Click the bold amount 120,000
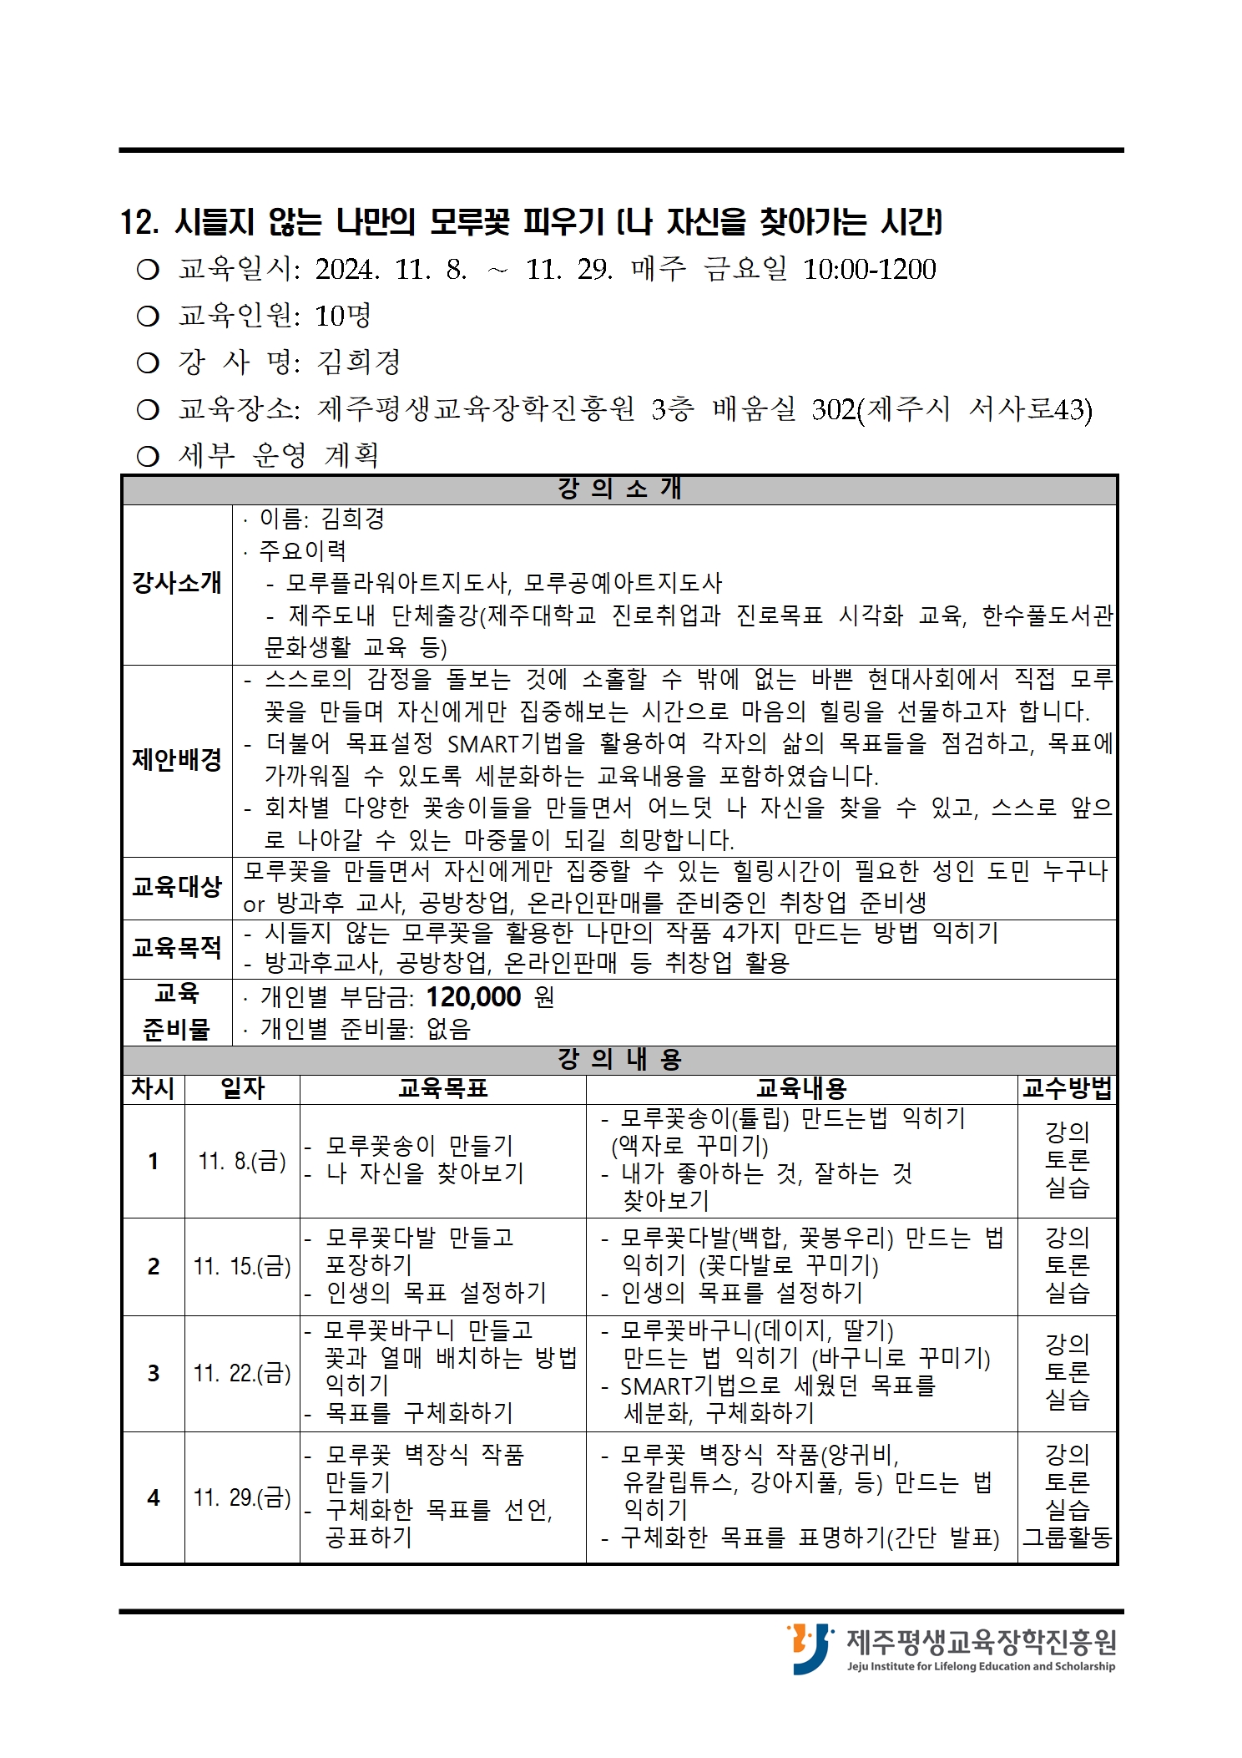[473, 996]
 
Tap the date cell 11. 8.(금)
[242, 1161]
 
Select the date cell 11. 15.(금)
[242, 1266]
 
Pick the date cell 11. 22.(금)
[242, 1373]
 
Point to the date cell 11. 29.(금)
[242, 1497]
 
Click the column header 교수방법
[1067, 1088]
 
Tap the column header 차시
[153, 1088]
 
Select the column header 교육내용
[800, 1088]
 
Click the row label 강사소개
[177, 582]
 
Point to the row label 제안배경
[177, 759]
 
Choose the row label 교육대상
[177, 887]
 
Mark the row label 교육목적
[177, 948]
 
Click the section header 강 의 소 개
[619, 489]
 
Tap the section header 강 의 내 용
[619, 1059]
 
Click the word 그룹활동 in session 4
[1068, 1538]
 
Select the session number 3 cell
[154, 1373]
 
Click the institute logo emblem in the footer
[809, 1649]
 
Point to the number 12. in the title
[139, 222]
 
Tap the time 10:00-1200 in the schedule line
[869, 270]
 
